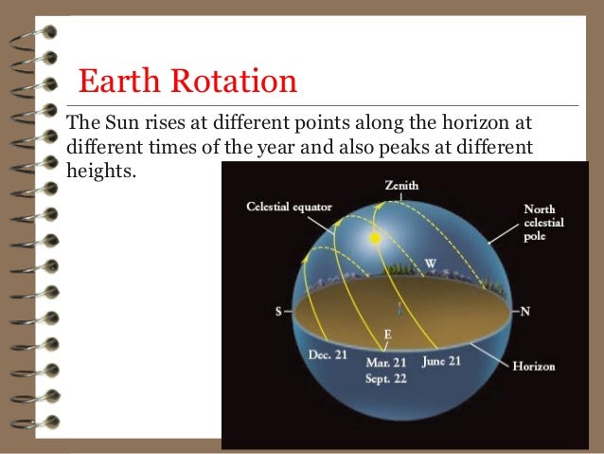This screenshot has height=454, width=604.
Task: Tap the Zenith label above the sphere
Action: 400,186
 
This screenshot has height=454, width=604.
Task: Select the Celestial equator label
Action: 291,206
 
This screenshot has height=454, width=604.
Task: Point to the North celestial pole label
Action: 543,222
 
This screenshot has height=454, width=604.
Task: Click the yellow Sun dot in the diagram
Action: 375,238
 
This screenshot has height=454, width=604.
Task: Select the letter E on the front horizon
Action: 386,335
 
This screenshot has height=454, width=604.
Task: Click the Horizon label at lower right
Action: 533,366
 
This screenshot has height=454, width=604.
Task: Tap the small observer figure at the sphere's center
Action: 400,309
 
